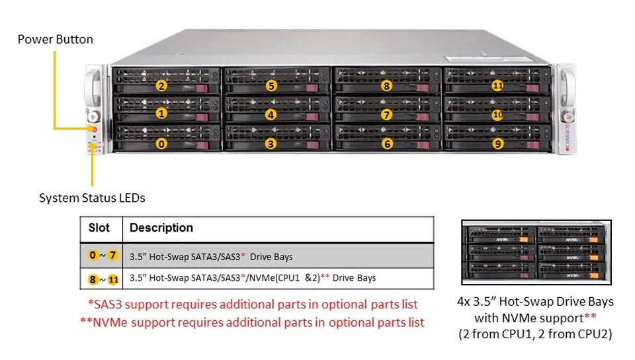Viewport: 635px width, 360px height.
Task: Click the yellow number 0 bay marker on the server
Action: point(161,144)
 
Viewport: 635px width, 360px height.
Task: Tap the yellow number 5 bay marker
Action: point(271,86)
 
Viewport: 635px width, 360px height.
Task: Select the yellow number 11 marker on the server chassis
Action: point(497,85)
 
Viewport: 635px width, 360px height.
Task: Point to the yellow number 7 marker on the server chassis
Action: point(386,115)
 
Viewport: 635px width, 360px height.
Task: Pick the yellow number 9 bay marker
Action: point(497,144)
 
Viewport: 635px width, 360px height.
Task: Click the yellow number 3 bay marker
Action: point(271,144)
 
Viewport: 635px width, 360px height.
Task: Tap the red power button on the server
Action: point(94,130)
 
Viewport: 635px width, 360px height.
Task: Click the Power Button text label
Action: point(56,39)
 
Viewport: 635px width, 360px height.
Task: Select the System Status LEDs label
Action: point(92,198)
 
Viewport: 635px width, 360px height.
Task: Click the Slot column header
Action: point(99,228)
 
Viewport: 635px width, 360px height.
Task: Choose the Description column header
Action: point(161,228)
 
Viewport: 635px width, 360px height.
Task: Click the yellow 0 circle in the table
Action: point(93,255)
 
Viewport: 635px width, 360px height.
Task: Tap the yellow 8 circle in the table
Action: point(93,279)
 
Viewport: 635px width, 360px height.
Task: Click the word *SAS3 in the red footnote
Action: point(105,304)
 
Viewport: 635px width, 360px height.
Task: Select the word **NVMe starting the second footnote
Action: point(104,323)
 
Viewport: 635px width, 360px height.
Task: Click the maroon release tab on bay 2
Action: point(202,88)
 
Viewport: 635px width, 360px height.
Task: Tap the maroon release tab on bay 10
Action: point(532,117)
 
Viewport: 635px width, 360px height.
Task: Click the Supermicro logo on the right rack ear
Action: point(568,138)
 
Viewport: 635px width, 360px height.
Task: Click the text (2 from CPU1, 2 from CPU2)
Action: point(535,334)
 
